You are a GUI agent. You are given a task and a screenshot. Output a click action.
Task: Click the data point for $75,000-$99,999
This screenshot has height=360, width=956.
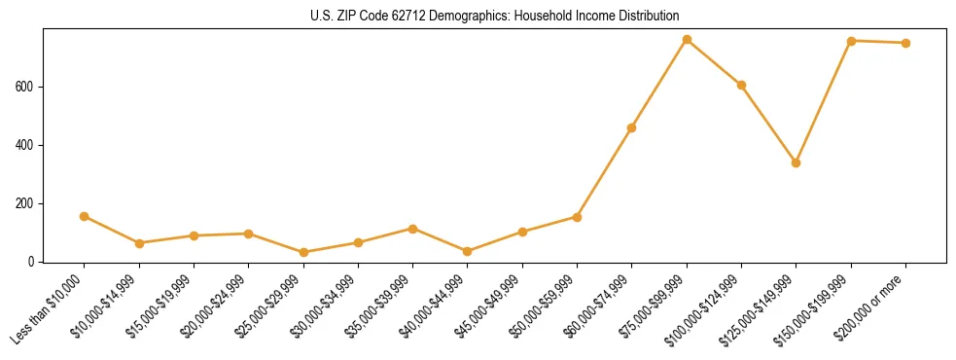(687, 40)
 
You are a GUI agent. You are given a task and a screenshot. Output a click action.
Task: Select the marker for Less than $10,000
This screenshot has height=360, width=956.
(85, 216)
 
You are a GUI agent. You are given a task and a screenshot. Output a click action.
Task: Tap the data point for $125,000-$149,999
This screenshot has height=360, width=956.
(797, 162)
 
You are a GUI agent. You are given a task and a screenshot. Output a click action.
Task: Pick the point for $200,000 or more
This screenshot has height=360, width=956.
(905, 43)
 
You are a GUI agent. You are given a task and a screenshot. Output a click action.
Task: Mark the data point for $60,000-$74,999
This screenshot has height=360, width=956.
(632, 127)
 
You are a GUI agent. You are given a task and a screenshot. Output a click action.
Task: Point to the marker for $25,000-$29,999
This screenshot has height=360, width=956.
(303, 252)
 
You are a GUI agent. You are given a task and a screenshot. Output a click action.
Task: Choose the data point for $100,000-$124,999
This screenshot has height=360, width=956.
(741, 85)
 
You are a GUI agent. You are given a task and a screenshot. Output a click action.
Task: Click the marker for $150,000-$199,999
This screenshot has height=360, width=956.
(851, 41)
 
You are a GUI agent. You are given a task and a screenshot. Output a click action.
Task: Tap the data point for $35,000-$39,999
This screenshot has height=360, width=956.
(412, 229)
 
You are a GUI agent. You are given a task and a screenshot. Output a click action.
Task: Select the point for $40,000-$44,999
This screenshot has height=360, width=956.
(468, 251)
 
